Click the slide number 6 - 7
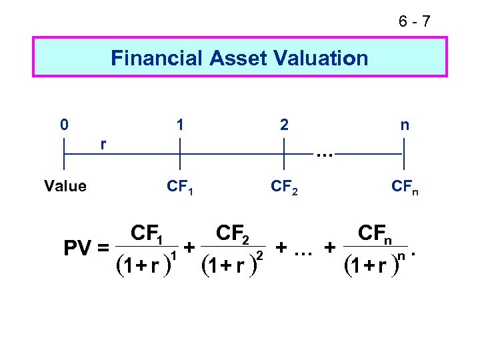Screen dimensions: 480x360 pos(415,22)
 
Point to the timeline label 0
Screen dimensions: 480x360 pos(63,125)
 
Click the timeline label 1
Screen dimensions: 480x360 pos(180,125)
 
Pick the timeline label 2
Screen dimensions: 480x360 pos(285,125)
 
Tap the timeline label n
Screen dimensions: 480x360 pos(404,125)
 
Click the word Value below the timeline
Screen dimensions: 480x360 pos(65,186)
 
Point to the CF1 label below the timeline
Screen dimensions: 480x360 pos(181,187)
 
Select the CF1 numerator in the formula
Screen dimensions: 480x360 pos(150,234)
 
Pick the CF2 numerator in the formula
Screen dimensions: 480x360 pos(233,234)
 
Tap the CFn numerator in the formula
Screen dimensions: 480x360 pos(375,234)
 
